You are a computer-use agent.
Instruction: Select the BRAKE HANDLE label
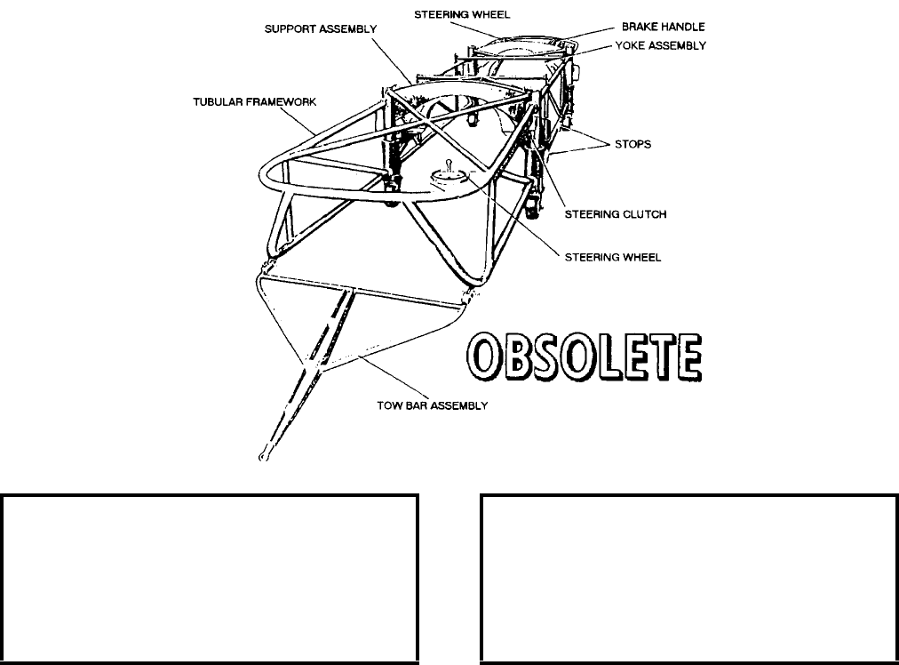663,28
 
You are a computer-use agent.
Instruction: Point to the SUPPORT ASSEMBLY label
321,28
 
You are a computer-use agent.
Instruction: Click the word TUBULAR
217,102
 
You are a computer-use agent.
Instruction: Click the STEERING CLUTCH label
616,213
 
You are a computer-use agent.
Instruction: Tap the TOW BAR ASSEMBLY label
433,405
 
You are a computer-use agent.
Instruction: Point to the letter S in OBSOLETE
553,360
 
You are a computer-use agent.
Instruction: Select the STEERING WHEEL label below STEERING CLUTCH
613,257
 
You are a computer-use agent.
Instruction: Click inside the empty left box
210,578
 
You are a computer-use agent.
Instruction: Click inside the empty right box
688,578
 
